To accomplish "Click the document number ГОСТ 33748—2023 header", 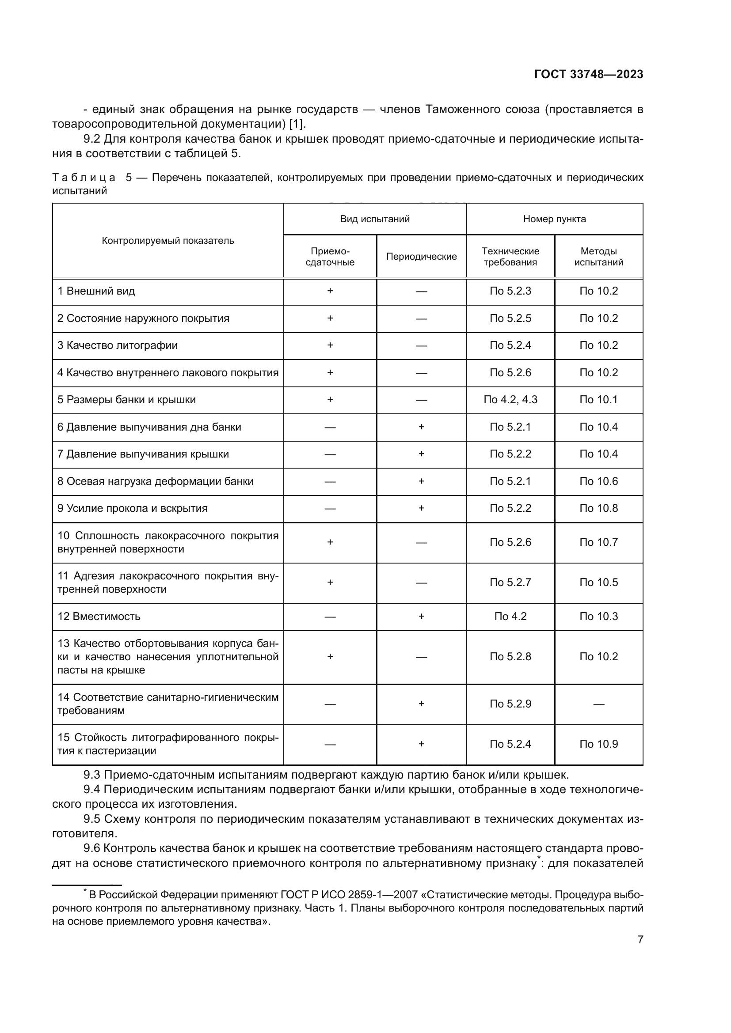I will click(x=588, y=74).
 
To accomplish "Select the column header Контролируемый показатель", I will click(x=168, y=240).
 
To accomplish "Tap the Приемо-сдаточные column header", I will click(x=330, y=257).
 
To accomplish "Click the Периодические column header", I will click(x=421, y=257).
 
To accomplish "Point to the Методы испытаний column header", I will click(x=598, y=257).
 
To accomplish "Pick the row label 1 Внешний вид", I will click(x=96, y=291).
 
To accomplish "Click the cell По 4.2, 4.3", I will click(x=510, y=400).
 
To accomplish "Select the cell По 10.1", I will click(x=598, y=400).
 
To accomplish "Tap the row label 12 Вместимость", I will click(x=99, y=617).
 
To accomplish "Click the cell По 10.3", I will click(x=598, y=617).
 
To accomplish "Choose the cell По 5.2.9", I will click(x=510, y=704).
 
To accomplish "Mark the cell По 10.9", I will click(x=598, y=744).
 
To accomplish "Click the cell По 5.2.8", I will click(x=510, y=656).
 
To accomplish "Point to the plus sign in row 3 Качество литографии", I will click(x=330, y=345).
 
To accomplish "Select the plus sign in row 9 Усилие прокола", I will click(x=421, y=508).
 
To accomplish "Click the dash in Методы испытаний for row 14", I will click(x=598, y=704).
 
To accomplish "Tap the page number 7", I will click(x=640, y=939).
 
